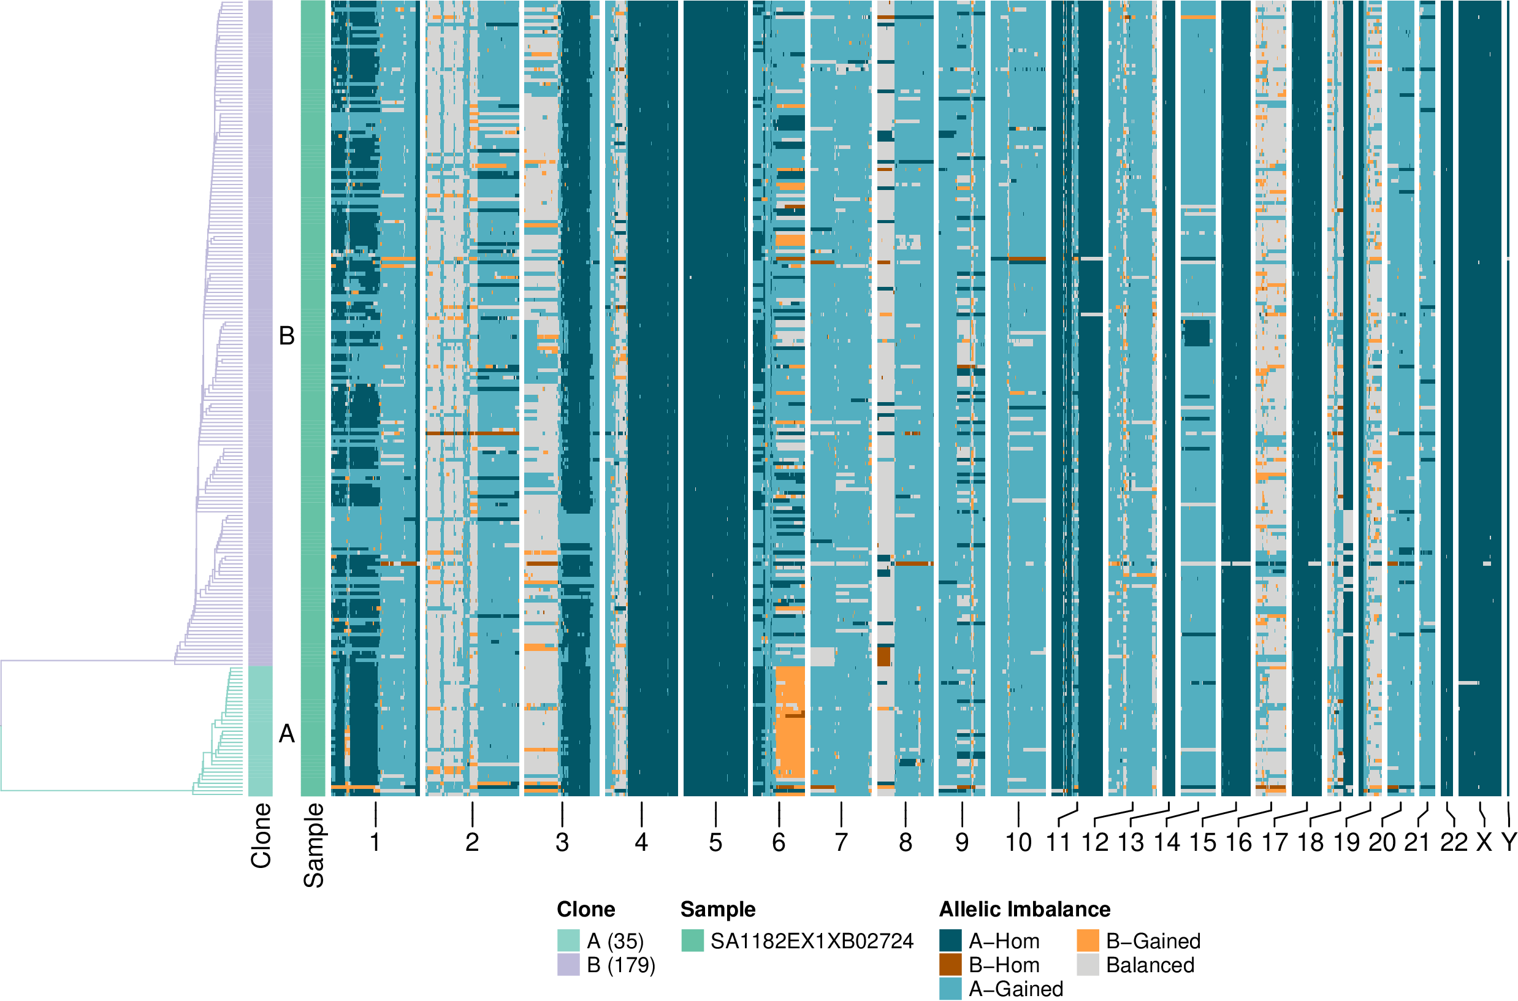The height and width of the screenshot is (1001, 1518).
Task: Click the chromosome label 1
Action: (x=375, y=843)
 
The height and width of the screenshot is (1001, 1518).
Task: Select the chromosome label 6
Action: (x=779, y=843)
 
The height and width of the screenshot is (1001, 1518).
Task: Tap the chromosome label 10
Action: (x=1018, y=843)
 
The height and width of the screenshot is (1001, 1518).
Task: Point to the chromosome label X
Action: (x=1484, y=843)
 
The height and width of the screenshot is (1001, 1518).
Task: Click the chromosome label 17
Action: (x=1275, y=843)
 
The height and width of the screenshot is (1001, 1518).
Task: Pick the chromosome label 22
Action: (x=1454, y=843)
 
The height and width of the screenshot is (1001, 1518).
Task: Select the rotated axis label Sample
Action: (x=313, y=845)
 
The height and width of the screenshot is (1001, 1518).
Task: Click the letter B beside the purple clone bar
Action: (x=287, y=336)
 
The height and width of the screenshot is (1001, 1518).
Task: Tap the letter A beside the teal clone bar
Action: (x=287, y=734)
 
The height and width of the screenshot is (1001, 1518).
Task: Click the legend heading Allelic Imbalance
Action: (x=1024, y=909)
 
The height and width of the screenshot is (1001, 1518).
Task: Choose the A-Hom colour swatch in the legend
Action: (x=950, y=940)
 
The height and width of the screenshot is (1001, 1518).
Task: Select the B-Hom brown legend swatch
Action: (x=950, y=965)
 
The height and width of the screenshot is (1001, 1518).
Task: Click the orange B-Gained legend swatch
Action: (x=1088, y=940)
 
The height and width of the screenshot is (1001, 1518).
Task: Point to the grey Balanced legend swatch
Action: (x=1088, y=965)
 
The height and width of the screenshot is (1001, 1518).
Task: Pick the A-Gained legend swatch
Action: (x=950, y=988)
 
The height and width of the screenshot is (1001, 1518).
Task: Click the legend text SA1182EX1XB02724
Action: (x=812, y=941)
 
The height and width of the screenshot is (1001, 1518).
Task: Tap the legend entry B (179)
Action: (x=621, y=965)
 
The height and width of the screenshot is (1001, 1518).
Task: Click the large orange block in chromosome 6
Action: (x=790, y=721)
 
